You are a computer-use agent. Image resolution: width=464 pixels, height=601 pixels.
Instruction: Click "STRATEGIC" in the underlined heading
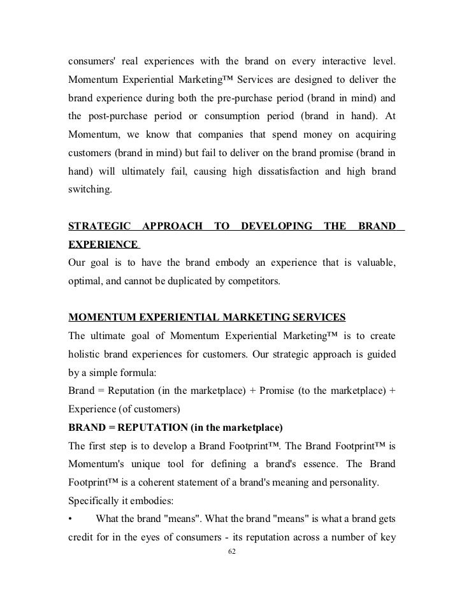tap(99, 226)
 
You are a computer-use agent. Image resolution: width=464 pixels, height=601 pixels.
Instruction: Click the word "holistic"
tap(89, 354)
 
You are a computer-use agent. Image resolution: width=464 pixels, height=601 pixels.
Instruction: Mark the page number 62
tap(232, 551)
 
